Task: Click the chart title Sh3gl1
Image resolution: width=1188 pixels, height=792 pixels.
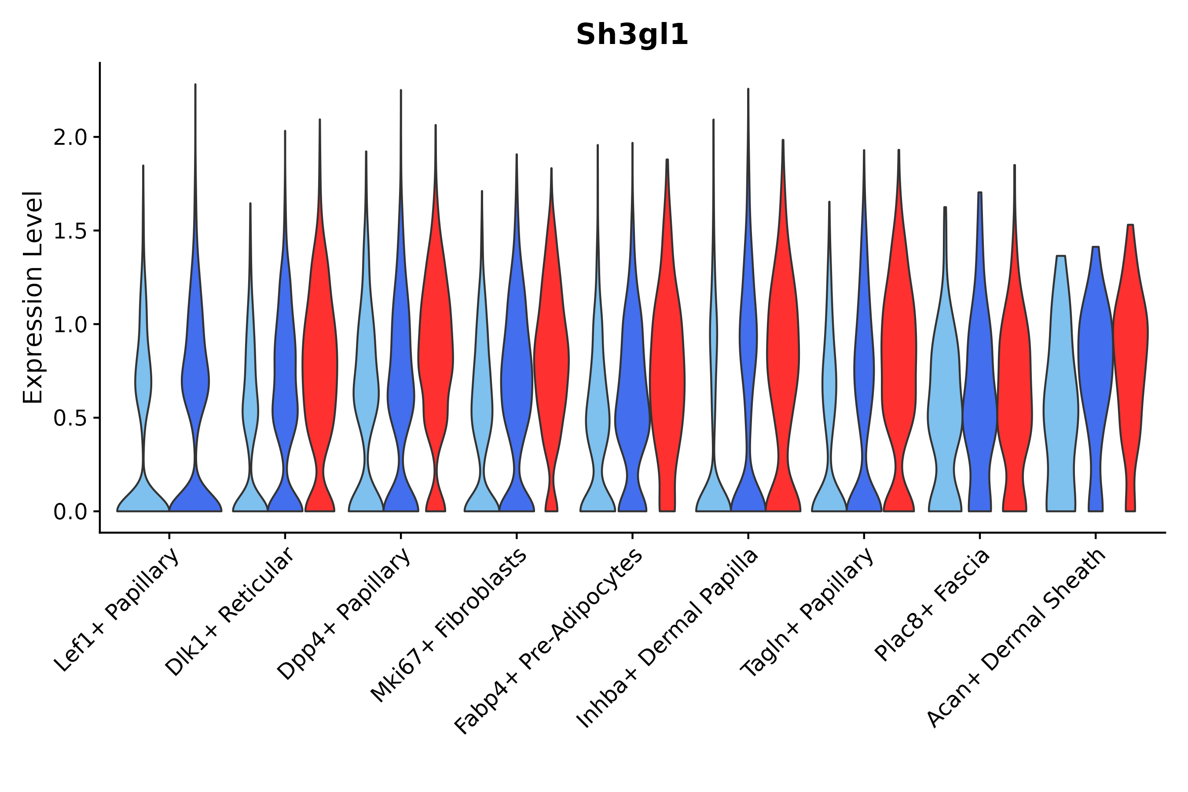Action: tap(632, 35)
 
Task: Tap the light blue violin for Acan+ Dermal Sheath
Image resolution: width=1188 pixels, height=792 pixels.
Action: tap(1061, 404)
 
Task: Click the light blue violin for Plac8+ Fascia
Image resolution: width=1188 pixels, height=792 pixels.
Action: tap(944, 404)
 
